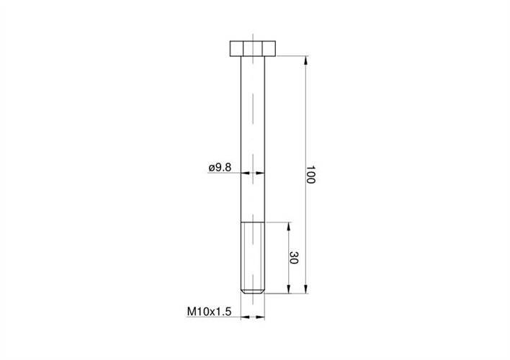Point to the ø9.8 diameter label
click(x=218, y=167)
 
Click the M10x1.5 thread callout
click(x=208, y=311)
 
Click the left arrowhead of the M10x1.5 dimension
click(x=244, y=316)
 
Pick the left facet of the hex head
click(x=237, y=49)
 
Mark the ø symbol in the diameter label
click(x=210, y=168)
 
